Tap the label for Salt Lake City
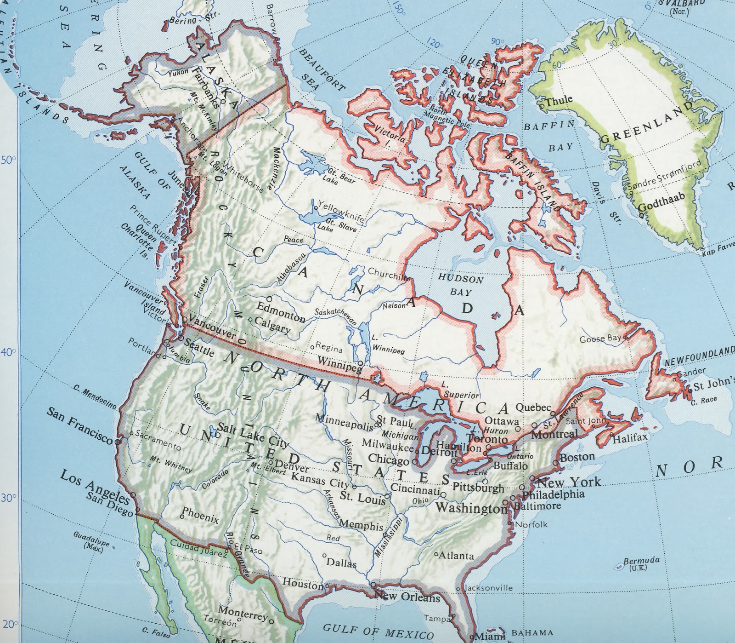point(253,435)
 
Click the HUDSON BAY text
point(460,285)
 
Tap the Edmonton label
point(281,312)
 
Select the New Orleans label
point(407,597)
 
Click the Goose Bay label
point(600,339)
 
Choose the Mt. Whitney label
point(170,465)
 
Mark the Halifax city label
point(630,438)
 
